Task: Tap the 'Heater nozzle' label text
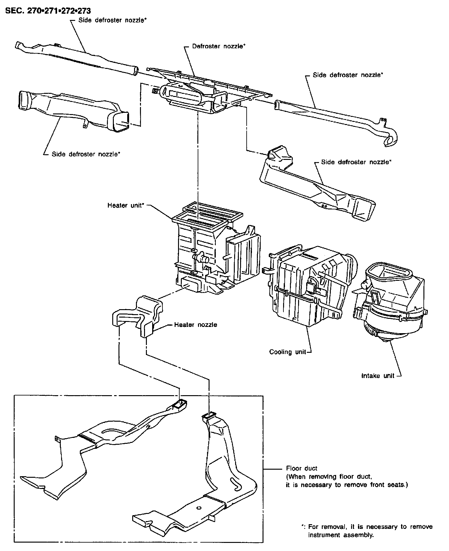tap(196, 325)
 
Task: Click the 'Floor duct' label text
tap(302, 468)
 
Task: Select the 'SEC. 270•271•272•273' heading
tap(48, 11)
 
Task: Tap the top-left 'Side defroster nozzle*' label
tap(113, 20)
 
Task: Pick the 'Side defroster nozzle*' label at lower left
tap(86, 154)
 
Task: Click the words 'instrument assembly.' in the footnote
tap(340, 535)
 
